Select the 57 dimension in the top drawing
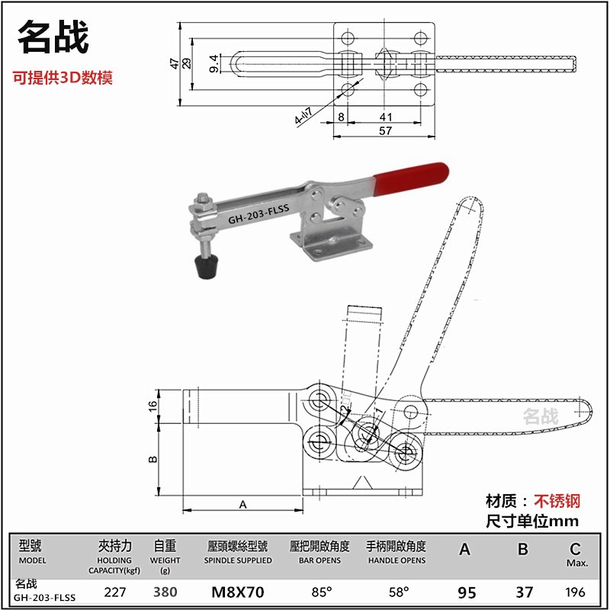click(x=384, y=130)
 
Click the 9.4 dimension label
click(x=214, y=64)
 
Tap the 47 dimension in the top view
click(x=175, y=63)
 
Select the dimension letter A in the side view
click(x=243, y=504)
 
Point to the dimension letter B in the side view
click(x=152, y=459)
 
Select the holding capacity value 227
click(x=115, y=591)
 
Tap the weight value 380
click(x=165, y=591)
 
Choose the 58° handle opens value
click(x=396, y=591)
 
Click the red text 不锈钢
click(x=557, y=501)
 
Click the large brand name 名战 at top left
click(x=54, y=37)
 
